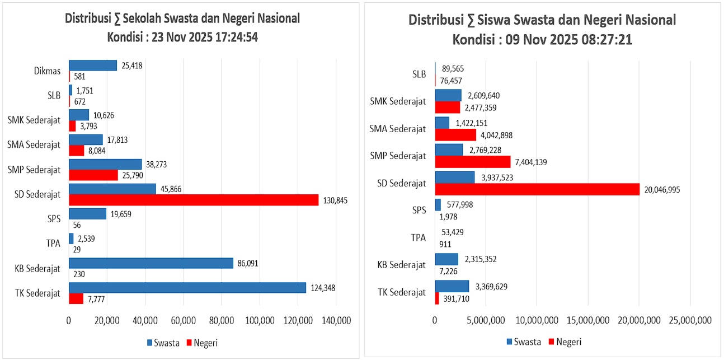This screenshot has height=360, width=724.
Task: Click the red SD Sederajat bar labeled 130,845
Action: tap(194, 200)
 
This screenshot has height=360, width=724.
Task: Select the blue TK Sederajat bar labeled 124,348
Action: tap(187, 287)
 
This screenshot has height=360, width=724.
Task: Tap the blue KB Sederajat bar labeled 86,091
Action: tap(151, 263)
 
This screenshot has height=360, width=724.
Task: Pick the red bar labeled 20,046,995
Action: tap(537, 189)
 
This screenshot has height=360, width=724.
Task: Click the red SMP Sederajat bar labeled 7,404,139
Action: tap(473, 162)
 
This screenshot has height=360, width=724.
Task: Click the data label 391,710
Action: tap(456, 298)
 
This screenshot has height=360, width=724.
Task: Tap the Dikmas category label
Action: tap(48, 71)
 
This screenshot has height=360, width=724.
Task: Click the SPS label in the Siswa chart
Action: tap(419, 210)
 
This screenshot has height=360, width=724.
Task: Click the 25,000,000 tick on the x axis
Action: tap(689, 320)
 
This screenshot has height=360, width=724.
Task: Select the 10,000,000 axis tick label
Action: tap(537, 320)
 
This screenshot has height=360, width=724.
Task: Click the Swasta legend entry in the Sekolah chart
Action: tap(163, 343)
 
